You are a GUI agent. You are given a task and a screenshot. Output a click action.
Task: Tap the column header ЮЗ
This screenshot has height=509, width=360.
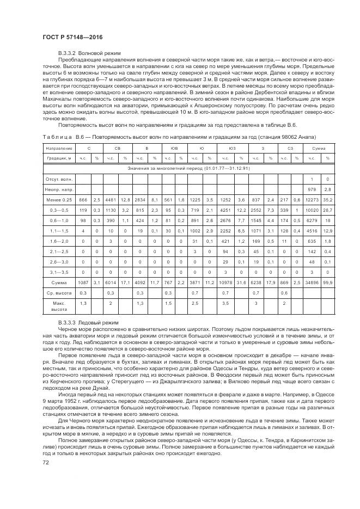[232, 148]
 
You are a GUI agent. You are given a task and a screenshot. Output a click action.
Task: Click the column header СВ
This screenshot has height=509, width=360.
[117, 148]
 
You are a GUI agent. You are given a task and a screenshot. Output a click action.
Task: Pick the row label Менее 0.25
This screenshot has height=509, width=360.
[59, 199]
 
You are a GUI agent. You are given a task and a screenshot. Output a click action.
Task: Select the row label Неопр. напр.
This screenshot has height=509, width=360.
[59, 189]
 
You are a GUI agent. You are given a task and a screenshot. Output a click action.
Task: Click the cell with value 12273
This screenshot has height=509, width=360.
[312, 199]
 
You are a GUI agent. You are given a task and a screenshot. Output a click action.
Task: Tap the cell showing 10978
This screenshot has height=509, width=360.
[225, 283]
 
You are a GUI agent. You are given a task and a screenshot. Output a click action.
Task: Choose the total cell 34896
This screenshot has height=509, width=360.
[312, 283]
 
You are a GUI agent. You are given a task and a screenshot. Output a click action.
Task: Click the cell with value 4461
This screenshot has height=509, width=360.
[111, 199]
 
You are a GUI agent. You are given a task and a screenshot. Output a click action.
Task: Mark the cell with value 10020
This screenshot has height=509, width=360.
[312, 210]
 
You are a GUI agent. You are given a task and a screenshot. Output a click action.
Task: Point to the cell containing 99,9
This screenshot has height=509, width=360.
[328, 283]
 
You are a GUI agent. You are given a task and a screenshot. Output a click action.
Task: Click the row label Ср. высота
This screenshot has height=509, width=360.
[59, 293]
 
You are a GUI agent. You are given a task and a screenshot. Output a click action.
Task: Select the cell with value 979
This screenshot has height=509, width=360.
[312, 189]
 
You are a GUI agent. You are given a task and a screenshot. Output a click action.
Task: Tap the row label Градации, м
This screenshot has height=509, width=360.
[59, 158]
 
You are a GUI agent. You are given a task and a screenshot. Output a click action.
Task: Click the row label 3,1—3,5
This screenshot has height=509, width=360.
[59, 272]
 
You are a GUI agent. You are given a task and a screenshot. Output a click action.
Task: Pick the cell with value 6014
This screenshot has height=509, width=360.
[111, 283]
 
